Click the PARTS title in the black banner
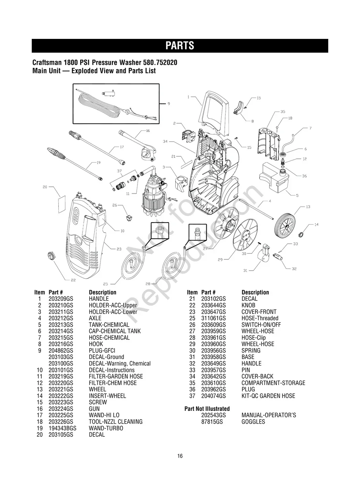coord(180,46)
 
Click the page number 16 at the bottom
coord(180,456)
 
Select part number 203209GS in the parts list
coord(61,299)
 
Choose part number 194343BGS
coord(62,428)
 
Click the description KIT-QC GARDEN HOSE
coord(268,396)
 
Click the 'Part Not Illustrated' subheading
coord(207,408)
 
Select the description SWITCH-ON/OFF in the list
coord(261,325)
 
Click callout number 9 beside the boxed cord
coord(168,104)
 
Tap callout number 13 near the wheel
coord(308,207)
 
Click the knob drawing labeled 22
coord(51,255)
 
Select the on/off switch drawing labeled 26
coord(129,218)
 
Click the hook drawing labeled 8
coord(238,107)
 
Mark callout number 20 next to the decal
coord(45,187)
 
